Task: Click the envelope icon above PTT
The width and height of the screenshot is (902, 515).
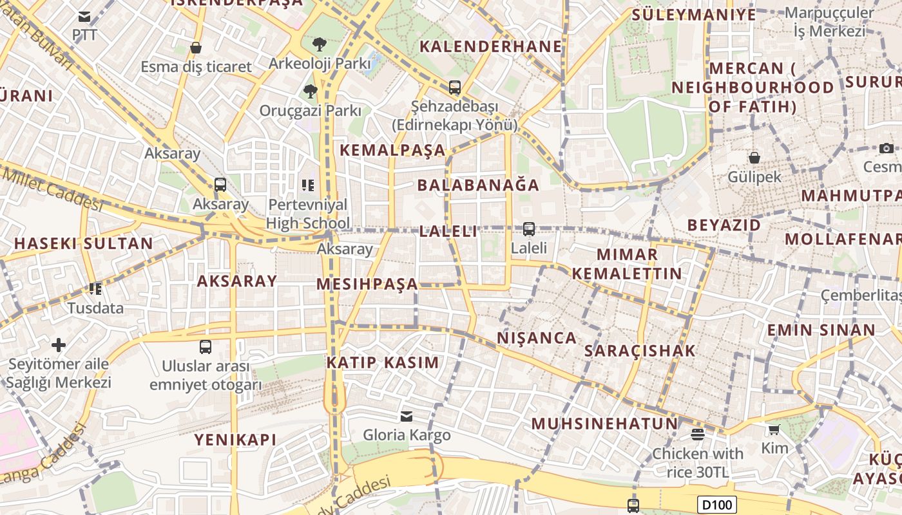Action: point(84,16)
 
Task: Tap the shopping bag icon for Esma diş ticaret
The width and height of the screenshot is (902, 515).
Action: point(196,48)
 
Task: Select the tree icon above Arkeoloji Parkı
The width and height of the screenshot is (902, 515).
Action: point(319,44)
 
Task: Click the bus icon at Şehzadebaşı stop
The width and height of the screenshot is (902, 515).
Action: point(455,87)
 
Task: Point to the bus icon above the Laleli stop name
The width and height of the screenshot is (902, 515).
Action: point(529,229)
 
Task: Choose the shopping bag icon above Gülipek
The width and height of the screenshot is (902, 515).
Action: point(754,157)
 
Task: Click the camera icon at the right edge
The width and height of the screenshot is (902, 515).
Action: point(887,148)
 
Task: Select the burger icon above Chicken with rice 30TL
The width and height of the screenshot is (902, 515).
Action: point(698,434)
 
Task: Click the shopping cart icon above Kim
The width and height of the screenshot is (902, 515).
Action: point(774,429)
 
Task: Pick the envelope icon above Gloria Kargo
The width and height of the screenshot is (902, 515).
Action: point(407,416)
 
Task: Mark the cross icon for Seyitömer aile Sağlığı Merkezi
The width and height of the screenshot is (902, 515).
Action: point(59,345)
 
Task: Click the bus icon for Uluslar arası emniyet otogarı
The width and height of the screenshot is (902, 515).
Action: point(206,347)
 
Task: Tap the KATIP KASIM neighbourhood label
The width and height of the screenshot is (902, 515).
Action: point(383,362)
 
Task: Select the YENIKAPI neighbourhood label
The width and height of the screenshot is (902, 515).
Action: point(236,440)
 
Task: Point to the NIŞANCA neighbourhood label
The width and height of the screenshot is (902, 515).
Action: point(537,338)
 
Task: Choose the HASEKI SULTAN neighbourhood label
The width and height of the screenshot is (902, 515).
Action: point(84,243)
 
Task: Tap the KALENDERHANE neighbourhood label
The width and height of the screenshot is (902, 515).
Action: point(491,46)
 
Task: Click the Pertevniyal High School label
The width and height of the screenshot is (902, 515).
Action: point(309,214)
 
